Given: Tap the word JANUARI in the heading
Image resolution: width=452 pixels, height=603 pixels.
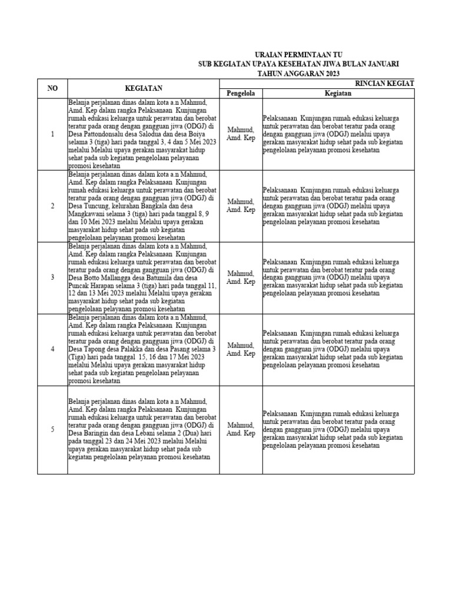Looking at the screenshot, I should click(x=380, y=63).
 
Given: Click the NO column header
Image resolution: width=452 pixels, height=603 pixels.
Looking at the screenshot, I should click(x=52, y=88).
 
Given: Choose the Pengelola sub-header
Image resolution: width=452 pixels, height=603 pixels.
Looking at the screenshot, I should click(x=241, y=93).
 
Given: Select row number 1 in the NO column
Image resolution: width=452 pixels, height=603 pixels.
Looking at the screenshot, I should click(x=52, y=134).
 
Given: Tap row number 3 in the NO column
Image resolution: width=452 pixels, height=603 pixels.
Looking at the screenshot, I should click(x=52, y=277).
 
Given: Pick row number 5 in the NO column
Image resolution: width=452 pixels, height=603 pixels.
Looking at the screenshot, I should click(x=52, y=429).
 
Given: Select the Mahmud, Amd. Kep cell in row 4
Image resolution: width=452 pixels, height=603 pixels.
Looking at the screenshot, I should click(x=241, y=349).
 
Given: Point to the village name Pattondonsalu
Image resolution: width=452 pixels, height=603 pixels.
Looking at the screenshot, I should click(x=104, y=134).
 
